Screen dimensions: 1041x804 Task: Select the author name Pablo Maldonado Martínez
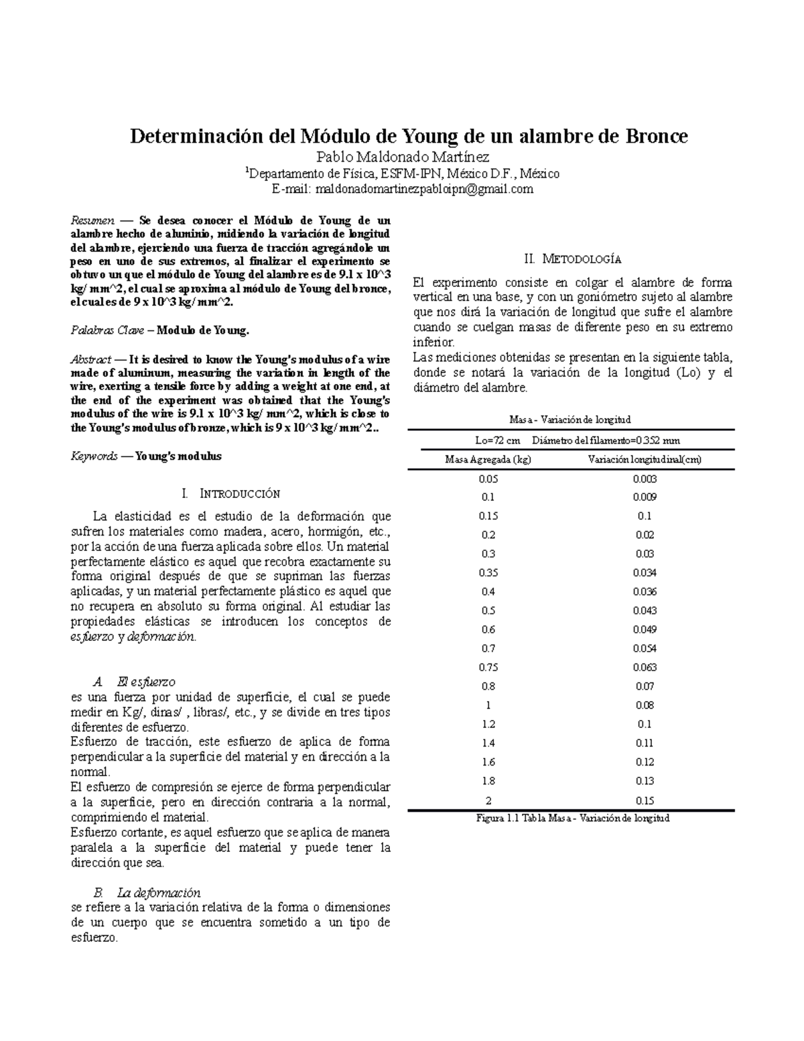point(402,158)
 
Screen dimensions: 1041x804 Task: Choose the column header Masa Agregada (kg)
point(488,459)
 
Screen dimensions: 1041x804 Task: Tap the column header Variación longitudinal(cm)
point(645,459)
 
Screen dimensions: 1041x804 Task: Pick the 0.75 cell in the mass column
point(488,667)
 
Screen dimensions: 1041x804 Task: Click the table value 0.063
point(645,667)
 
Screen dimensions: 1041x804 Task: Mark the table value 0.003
point(645,479)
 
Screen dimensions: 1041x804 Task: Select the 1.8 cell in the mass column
point(488,780)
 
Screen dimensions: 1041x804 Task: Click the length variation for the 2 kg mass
point(645,800)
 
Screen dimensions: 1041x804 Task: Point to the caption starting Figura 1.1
point(573,818)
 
